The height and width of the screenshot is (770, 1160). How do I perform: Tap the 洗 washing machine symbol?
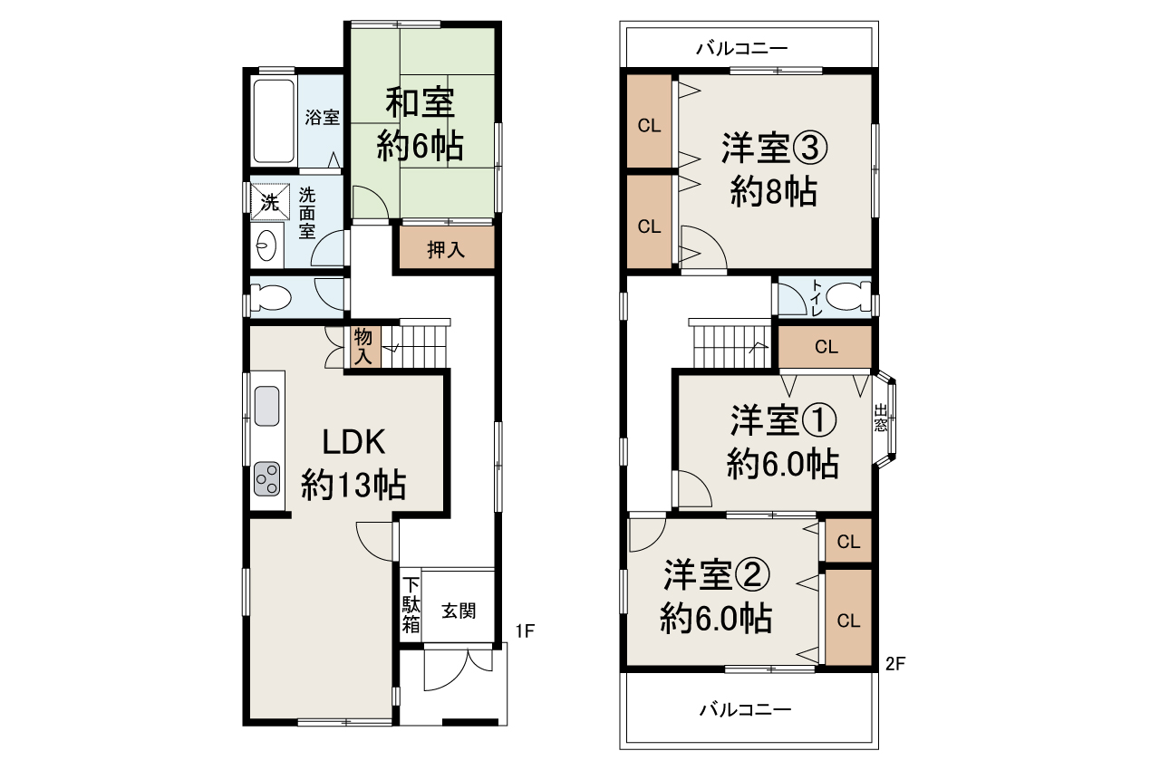point(270,202)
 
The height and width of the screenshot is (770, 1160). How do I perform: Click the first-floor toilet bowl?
point(270,296)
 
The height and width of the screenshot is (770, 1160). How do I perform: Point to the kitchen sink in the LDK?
point(266,406)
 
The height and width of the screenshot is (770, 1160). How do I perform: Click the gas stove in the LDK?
point(267,478)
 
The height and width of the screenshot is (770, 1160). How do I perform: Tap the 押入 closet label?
point(446,250)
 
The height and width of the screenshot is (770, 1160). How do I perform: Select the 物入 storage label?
point(363,347)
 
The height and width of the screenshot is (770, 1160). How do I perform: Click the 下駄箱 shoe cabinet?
point(411,604)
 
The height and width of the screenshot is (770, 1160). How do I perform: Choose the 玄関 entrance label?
point(459,611)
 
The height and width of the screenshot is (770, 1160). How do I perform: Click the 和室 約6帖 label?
point(420,123)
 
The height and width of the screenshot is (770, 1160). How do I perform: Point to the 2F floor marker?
point(895,663)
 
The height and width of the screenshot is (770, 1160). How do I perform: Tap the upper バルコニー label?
point(742,48)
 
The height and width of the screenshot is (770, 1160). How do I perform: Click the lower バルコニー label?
point(745,709)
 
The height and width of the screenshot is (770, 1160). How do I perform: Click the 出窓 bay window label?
point(881,417)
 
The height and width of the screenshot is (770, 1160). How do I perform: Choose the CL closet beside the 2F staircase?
point(825,346)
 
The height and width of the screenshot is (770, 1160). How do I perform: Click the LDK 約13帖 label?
point(353,465)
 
